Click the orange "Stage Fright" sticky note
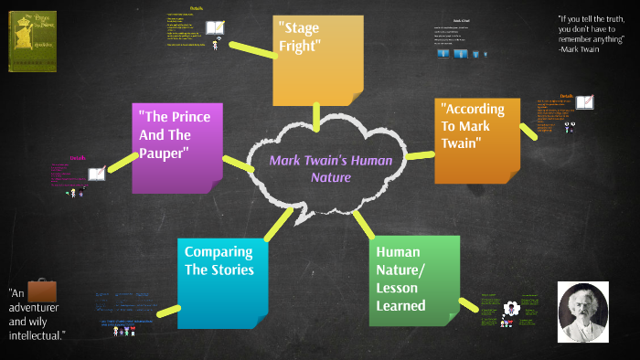pos(311,60)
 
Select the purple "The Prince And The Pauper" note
pos(176,146)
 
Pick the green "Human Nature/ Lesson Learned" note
pos(413,280)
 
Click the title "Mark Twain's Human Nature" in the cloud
pos(330,168)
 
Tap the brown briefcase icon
pos(43,291)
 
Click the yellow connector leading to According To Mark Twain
pos(421,154)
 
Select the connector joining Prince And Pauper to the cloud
pos(239,164)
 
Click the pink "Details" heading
pos(78,157)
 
